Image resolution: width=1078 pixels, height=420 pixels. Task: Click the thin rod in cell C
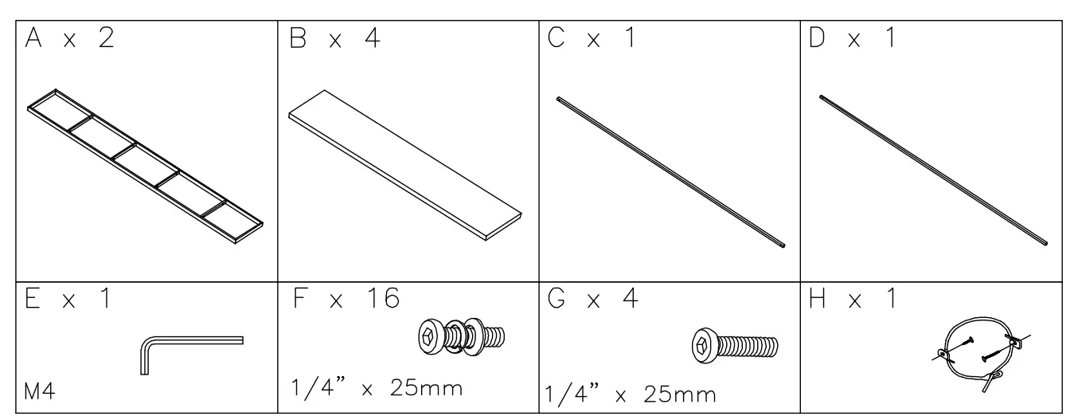pos(672,171)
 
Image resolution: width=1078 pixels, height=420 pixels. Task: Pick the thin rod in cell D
pos(933,171)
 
